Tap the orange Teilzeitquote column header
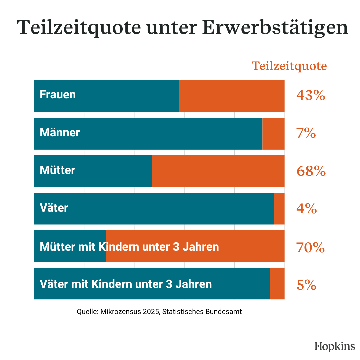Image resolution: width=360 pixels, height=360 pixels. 289,66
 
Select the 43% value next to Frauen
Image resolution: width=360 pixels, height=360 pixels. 310,96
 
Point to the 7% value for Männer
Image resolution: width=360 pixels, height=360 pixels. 306,133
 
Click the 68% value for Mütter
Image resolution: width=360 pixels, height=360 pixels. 311,171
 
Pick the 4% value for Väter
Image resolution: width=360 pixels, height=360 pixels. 306,209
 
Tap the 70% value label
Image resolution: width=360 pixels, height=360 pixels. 310,247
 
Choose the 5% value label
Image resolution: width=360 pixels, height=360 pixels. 306,285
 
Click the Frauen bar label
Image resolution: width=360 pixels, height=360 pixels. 58,95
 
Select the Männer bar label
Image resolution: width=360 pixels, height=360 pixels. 60,133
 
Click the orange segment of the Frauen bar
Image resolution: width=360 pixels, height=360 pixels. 232,96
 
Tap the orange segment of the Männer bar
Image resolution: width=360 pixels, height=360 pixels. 273,134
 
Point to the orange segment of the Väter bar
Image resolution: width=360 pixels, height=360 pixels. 279,209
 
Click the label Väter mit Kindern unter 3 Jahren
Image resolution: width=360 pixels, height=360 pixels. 126,284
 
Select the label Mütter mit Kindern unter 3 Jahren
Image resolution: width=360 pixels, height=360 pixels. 129,247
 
